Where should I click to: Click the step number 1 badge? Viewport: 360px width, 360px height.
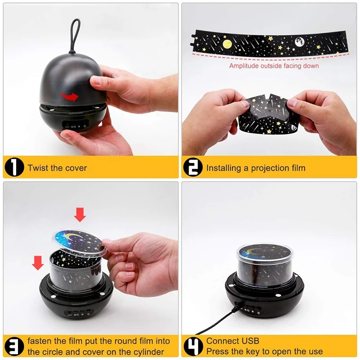pos(14,167)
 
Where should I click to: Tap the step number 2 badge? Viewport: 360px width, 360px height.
pos(193,167)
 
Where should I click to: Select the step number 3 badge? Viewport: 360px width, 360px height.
pos(14,346)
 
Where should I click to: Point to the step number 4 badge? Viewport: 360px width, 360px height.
pos(193,346)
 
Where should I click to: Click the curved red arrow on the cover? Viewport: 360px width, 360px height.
pos(69,97)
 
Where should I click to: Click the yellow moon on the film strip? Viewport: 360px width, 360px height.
pos(227,44)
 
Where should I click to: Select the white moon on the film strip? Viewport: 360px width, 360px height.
pos(300,42)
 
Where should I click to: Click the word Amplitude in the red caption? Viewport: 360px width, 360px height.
pos(243,66)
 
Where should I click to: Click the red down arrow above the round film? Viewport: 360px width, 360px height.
pos(80,215)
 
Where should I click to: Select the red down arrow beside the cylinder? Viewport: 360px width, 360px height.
pos(38,263)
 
